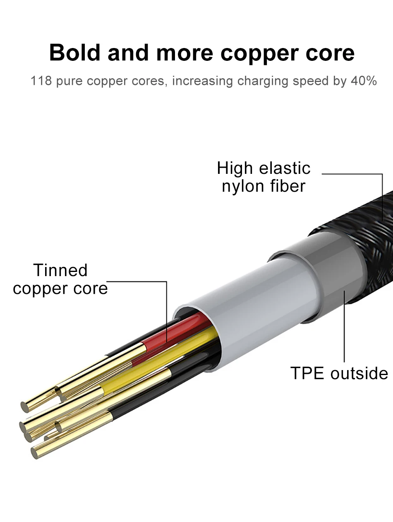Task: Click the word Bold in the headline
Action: click(75, 53)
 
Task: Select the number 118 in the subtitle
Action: click(41, 81)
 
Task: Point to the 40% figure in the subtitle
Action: click(364, 81)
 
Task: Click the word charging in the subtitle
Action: click(263, 81)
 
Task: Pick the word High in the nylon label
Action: click(235, 168)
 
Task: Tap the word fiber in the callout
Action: click(288, 185)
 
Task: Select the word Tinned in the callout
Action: click(60, 270)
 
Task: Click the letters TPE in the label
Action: click(308, 373)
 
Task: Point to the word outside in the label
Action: click(359, 373)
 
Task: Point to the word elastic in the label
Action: click(285, 168)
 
